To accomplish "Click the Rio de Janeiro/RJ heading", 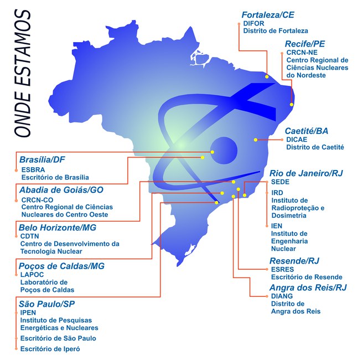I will pyautogui.click(x=306, y=173).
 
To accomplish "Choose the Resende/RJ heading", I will pyautogui.click(x=294, y=260).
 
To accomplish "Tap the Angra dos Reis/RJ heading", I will pyautogui.click(x=308, y=287).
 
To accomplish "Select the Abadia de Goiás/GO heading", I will pyautogui.click(x=61, y=189).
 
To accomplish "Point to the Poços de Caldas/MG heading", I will pyautogui.click(x=61, y=266).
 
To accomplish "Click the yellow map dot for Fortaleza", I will pyautogui.click(x=267, y=77).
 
